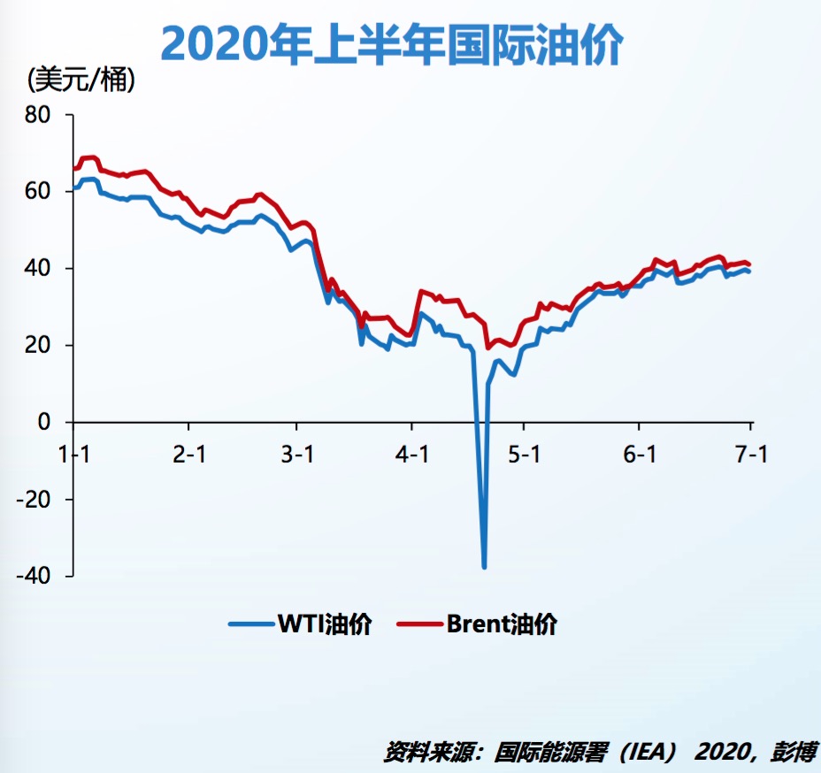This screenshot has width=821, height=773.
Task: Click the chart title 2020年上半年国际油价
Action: click(393, 44)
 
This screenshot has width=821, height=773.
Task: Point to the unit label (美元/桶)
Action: click(82, 80)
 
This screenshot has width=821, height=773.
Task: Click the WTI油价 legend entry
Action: click(301, 624)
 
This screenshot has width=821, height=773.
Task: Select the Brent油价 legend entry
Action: click(478, 624)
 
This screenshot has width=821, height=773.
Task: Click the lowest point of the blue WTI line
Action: click(484, 566)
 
